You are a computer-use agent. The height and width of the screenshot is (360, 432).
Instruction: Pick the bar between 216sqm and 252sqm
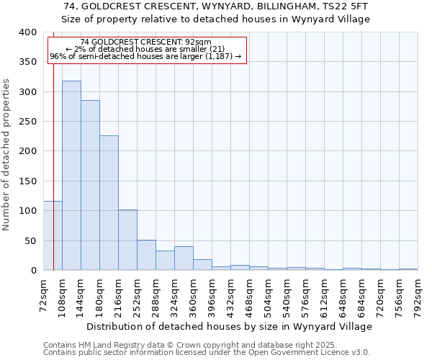(127, 240)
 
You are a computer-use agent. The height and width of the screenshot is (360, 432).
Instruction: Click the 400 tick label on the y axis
(27, 32)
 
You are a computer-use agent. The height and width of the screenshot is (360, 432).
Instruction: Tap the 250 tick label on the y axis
(27, 122)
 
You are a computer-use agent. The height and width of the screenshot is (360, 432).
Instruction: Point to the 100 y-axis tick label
(27, 211)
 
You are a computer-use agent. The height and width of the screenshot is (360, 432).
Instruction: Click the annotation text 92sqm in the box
(197, 42)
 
